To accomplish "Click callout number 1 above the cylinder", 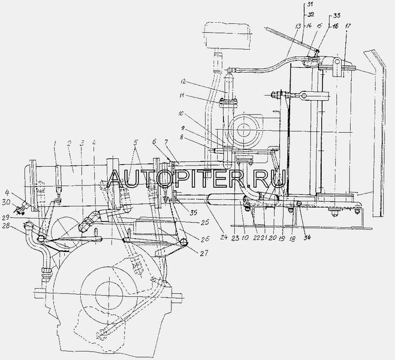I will (x=55, y=143).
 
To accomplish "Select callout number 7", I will (x=164, y=143).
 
